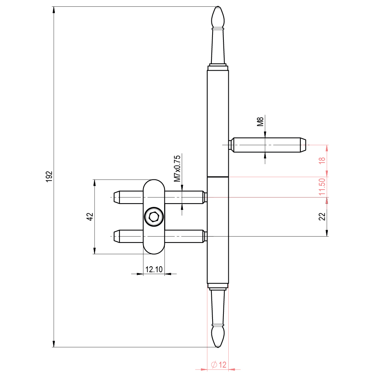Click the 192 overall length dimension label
click(x=49, y=177)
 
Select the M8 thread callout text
click(x=260, y=122)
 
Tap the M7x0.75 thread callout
click(x=177, y=169)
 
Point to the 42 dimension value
click(x=90, y=217)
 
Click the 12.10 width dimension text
click(x=154, y=269)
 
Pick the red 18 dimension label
click(x=322, y=160)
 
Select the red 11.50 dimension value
click(x=322, y=187)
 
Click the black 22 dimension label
click(x=322, y=217)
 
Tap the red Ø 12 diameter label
click(x=219, y=365)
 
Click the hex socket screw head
click(x=154, y=217)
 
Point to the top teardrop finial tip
click(x=218, y=6)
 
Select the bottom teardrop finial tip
click(x=218, y=347)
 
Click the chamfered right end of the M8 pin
click(x=303, y=145)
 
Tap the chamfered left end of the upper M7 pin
click(x=117, y=197)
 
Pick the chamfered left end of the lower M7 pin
click(x=117, y=236)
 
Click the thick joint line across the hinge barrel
click(x=218, y=177)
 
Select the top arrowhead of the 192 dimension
click(x=54, y=10)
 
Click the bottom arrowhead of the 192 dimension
click(x=54, y=344)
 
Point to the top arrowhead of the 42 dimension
click(x=95, y=183)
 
